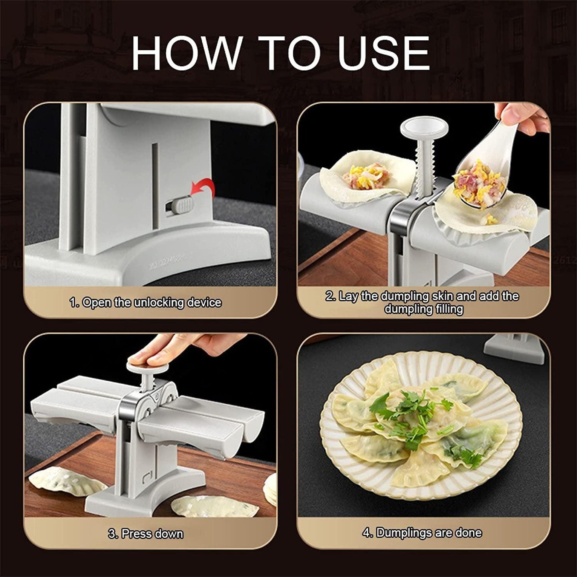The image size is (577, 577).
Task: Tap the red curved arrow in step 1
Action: tap(202, 188)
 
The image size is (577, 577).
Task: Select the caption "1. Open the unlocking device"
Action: tap(145, 303)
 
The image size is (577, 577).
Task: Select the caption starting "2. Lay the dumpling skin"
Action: tap(423, 302)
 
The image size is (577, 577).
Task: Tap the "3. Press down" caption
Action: tap(145, 533)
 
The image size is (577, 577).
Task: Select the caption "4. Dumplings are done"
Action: tap(422, 533)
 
